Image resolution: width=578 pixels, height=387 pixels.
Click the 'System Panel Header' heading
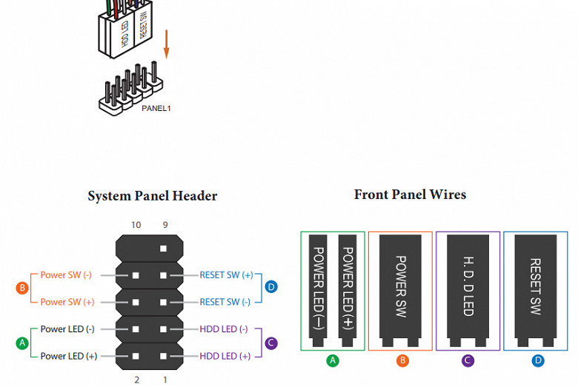pyautogui.click(x=153, y=196)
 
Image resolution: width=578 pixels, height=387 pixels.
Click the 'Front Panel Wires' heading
pyautogui.click(x=410, y=195)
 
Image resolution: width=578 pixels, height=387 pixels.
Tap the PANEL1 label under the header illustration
pyautogui.click(x=156, y=108)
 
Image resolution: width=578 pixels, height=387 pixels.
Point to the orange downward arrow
pyautogui.click(x=166, y=44)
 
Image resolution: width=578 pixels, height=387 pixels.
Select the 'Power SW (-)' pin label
pyautogui.click(x=66, y=275)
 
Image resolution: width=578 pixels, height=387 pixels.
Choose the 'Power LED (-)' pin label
pyautogui.click(x=67, y=329)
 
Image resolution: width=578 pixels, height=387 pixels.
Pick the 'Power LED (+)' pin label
pyautogui.click(x=68, y=356)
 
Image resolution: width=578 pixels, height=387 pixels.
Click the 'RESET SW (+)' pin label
pyautogui.click(x=226, y=275)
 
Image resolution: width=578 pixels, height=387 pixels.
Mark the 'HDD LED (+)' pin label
pyautogui.click(x=225, y=356)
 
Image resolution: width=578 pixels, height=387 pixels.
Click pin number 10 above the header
pyautogui.click(x=136, y=225)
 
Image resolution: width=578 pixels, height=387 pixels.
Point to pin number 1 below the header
pyautogui.click(x=165, y=380)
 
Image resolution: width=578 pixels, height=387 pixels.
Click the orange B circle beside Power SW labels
pyautogui.click(x=23, y=288)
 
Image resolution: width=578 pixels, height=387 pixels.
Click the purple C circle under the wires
pyautogui.click(x=468, y=361)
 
